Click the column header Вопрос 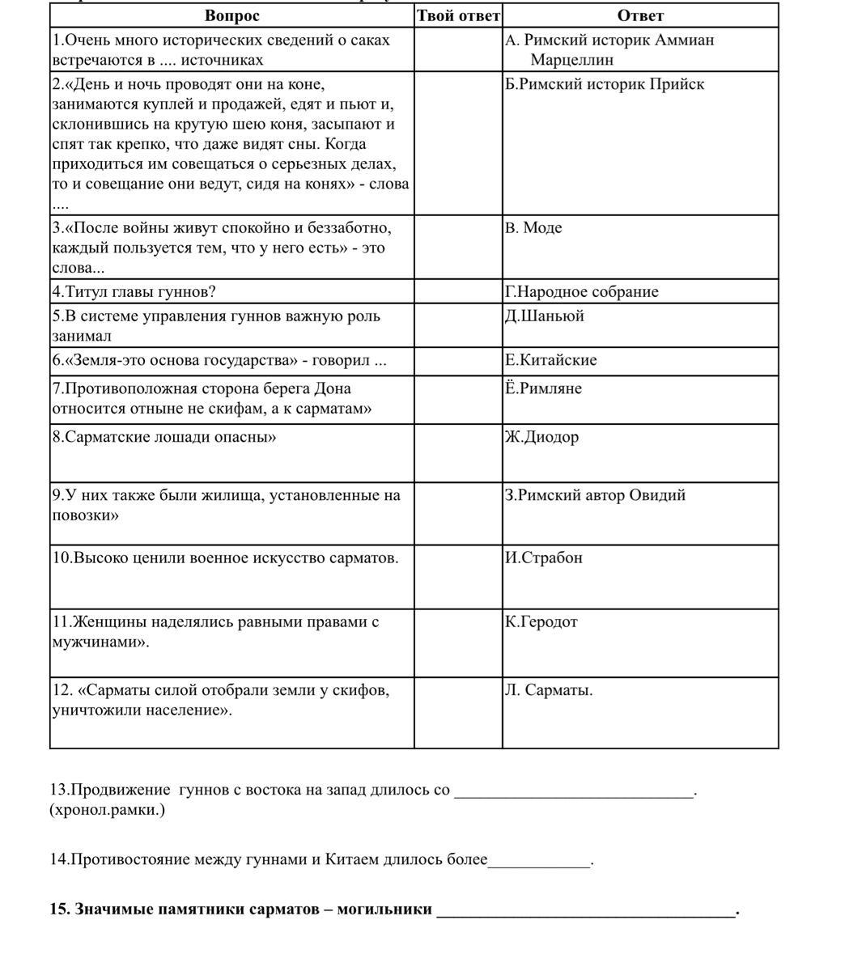[232, 15]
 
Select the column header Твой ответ [458, 15]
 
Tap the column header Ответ [639, 15]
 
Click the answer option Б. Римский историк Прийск [605, 84]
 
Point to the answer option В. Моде [533, 227]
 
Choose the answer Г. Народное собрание [582, 292]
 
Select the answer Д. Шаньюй [545, 316]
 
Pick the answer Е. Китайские [551, 360]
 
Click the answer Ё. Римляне [544, 388]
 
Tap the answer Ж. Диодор [542, 437]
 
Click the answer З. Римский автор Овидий [596, 495]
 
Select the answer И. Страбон [544, 558]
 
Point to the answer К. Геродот [541, 622]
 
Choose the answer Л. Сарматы [549, 690]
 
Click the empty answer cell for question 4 [458, 292]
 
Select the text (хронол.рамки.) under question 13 [107, 810]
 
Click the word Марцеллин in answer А [572, 60]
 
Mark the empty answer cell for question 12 [458, 712]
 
